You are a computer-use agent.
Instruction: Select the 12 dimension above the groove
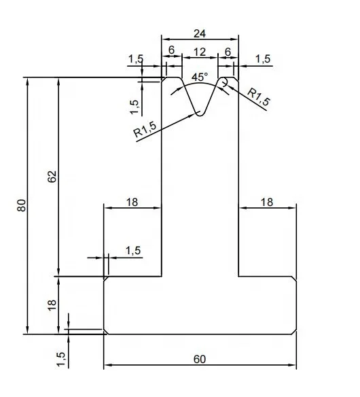click(x=200, y=52)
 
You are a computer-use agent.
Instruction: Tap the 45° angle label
click(x=199, y=77)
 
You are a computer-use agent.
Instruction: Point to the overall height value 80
click(x=20, y=205)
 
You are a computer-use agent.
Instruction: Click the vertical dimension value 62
click(x=52, y=176)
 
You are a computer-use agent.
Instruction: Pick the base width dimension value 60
click(x=200, y=359)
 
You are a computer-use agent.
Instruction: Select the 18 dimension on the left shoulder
click(x=132, y=201)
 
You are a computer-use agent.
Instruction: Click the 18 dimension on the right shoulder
click(x=267, y=201)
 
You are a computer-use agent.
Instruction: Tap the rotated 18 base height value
click(x=52, y=305)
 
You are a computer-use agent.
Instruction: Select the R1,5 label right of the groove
click(x=259, y=97)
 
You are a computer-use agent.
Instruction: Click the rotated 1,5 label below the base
click(x=60, y=358)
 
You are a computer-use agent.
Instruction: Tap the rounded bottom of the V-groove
click(x=200, y=114)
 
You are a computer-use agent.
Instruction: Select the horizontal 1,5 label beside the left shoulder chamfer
click(x=133, y=251)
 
